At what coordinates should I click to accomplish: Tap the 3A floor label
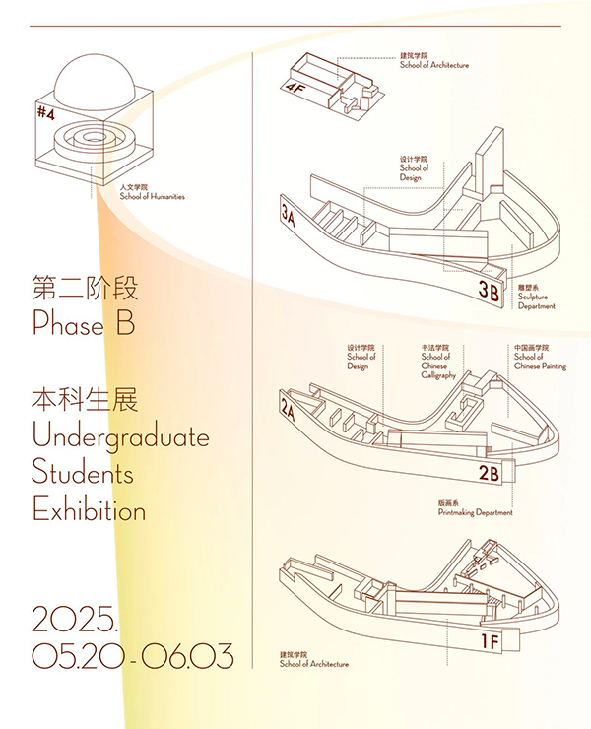(x=289, y=215)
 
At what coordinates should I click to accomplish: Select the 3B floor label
(x=489, y=291)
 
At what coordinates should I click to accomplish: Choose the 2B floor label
(x=490, y=473)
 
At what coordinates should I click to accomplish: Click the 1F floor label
(x=490, y=641)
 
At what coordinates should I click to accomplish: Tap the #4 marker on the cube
(x=46, y=113)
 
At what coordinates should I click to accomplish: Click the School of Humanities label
(x=152, y=192)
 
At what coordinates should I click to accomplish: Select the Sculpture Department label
(x=537, y=298)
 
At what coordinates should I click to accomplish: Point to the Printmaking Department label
(x=475, y=508)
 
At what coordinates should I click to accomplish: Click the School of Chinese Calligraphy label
(x=438, y=362)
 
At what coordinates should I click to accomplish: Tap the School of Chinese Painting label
(x=541, y=357)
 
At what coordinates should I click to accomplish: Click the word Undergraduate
(x=121, y=437)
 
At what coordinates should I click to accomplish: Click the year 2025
(x=74, y=619)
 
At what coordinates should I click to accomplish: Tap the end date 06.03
(x=187, y=655)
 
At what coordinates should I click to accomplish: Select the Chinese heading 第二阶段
(x=85, y=288)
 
